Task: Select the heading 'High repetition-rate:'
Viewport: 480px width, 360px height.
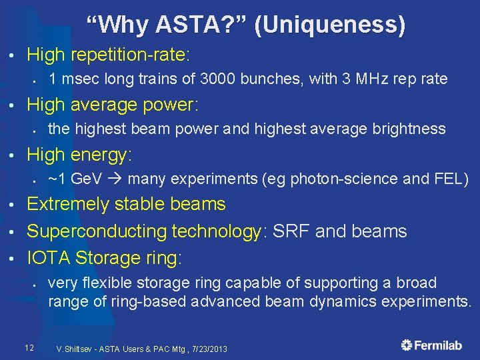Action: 109,53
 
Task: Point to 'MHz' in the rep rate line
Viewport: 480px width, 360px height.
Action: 368,79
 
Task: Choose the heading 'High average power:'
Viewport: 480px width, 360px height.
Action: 113,104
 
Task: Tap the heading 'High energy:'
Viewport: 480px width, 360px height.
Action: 80,155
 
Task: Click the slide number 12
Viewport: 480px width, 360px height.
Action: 29,347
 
